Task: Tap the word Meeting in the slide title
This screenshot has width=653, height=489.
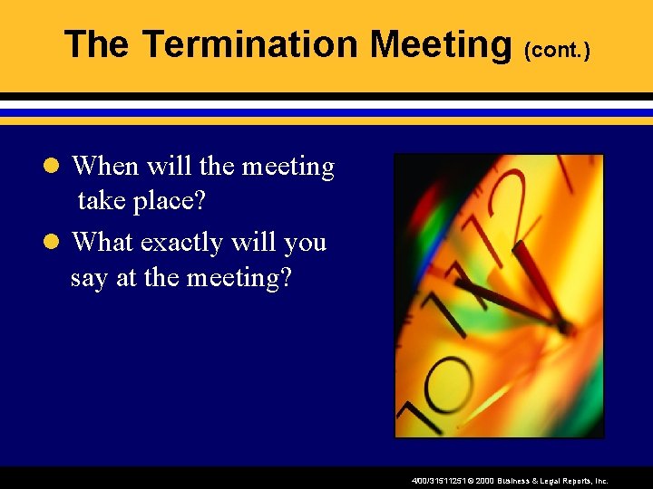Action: (x=442, y=43)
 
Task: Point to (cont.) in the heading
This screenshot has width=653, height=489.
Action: (x=557, y=50)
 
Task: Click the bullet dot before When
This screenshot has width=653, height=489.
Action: (x=53, y=167)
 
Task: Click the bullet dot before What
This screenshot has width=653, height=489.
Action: (x=53, y=243)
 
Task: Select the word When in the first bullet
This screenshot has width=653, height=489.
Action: (x=105, y=167)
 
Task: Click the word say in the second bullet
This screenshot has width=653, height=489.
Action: (x=88, y=277)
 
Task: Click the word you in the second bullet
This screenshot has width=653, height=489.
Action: (x=306, y=243)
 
